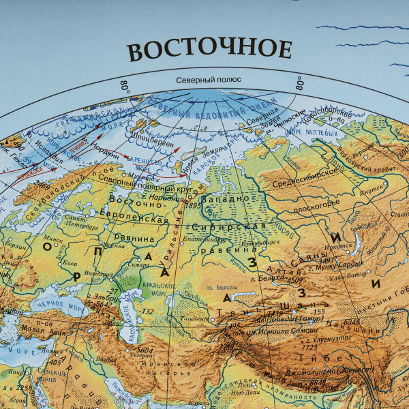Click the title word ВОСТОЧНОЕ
209,50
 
